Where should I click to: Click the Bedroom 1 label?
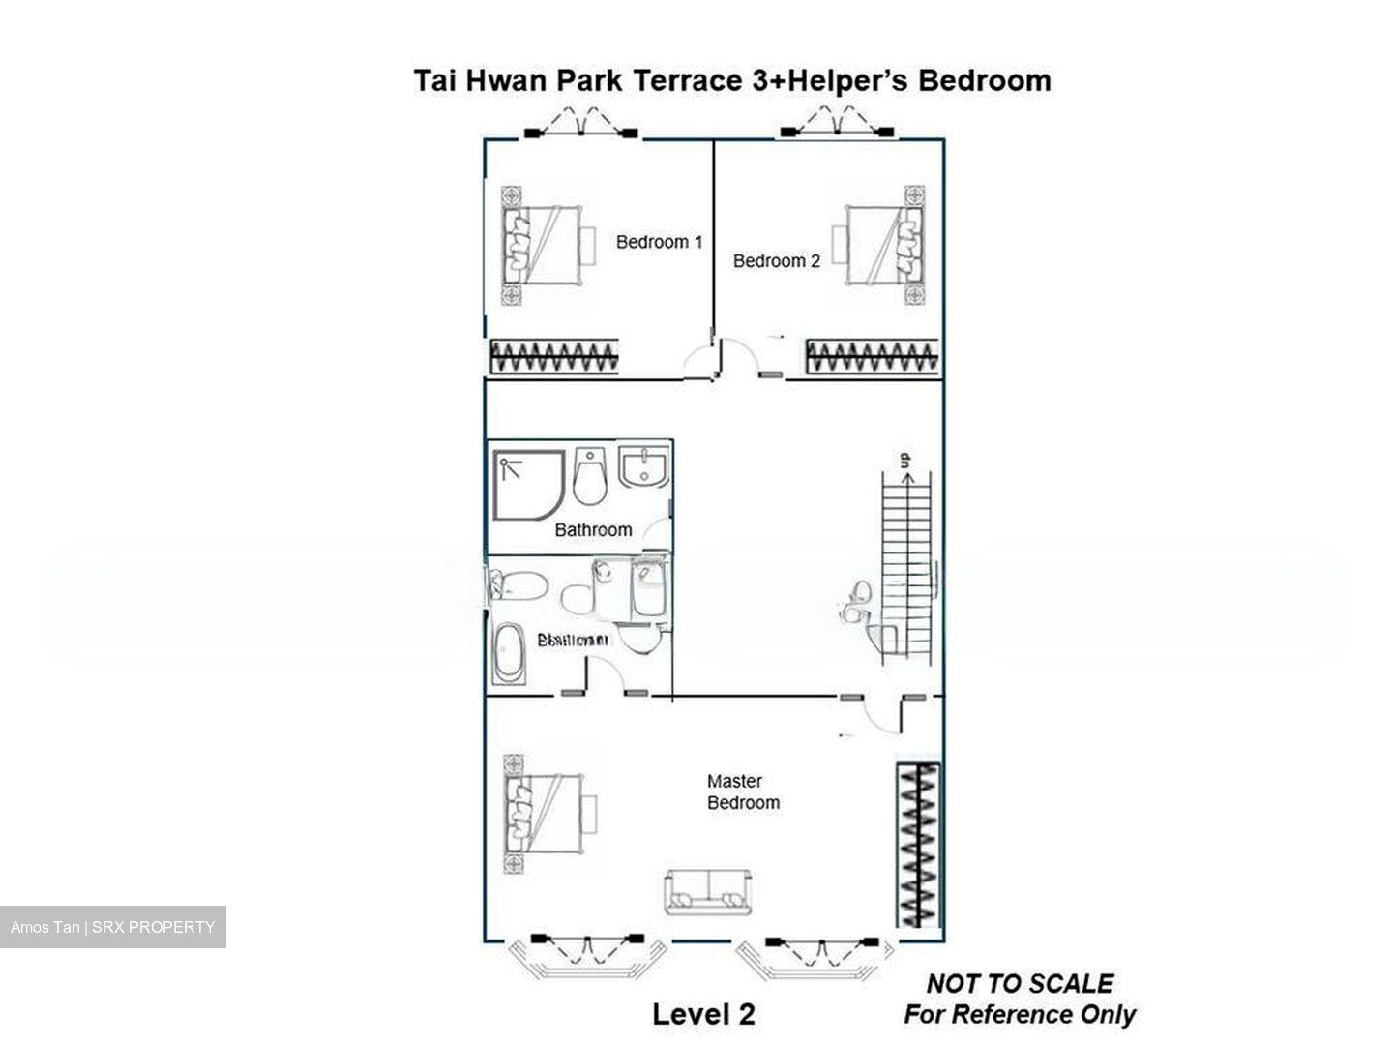(x=659, y=242)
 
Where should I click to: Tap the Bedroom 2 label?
(x=776, y=261)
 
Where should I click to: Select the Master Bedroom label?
(x=742, y=791)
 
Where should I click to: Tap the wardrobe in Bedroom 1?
(x=553, y=357)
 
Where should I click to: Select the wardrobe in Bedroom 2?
(x=872, y=357)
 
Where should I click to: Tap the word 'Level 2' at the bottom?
(x=703, y=1014)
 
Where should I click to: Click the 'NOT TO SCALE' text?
(x=1020, y=984)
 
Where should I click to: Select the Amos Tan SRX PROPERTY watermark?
(x=113, y=927)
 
